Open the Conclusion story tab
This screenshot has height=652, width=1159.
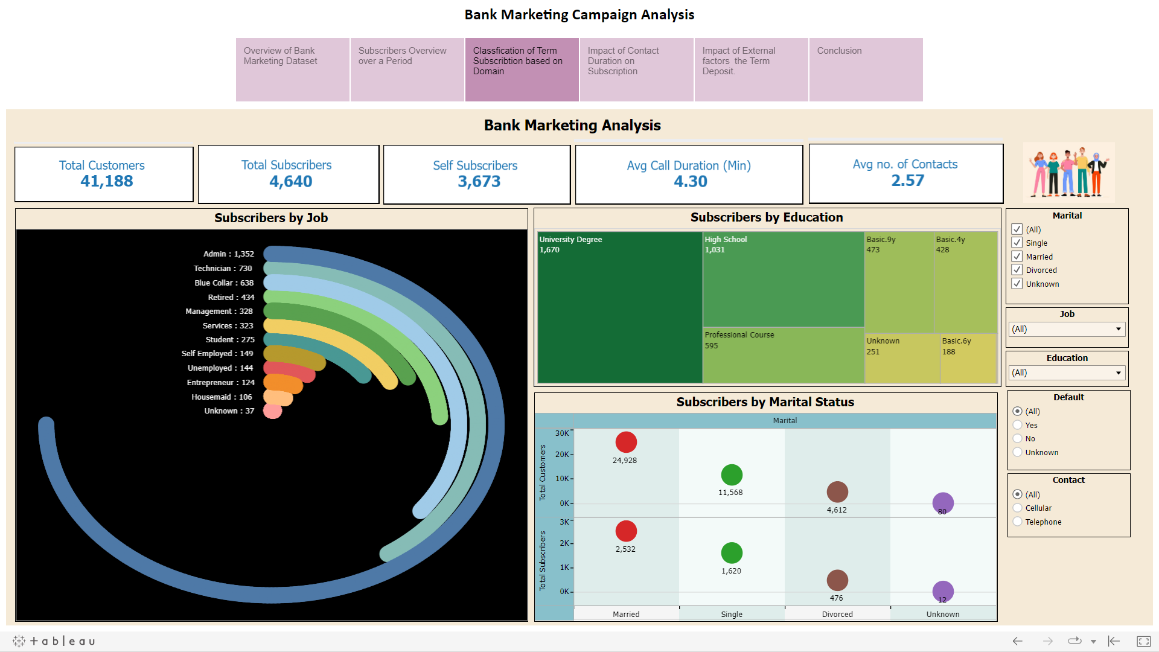pos(866,69)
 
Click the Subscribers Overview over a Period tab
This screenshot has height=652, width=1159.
pos(407,69)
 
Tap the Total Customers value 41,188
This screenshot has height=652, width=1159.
pos(106,181)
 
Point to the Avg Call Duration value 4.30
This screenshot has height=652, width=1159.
pos(690,182)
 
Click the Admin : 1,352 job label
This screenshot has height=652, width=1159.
pos(228,254)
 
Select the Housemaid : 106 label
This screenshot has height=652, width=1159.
pos(222,397)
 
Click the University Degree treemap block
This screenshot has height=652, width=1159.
pos(619,308)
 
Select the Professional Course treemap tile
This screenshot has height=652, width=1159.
pos(783,355)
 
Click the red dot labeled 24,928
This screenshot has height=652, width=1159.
pos(626,443)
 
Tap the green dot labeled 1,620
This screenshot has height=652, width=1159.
pos(732,553)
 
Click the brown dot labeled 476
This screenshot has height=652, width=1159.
pos(837,580)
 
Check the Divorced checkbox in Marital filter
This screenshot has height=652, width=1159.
pos(1017,270)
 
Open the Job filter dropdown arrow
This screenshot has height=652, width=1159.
pos(1118,329)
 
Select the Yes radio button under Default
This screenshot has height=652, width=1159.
pos(1018,425)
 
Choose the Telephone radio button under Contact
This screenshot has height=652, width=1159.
pos(1018,522)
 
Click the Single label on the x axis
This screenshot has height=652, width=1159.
pos(732,614)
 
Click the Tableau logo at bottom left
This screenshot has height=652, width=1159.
pos(54,641)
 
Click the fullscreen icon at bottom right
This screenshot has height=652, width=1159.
pos(1143,641)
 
